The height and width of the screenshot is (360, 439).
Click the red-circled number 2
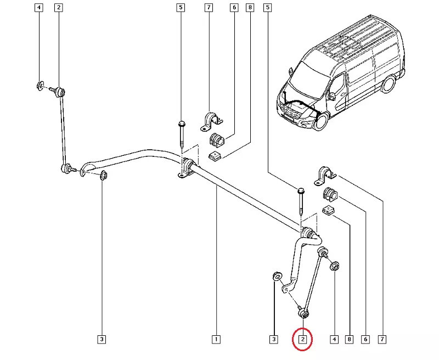point(302,339)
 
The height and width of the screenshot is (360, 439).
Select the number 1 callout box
point(217,339)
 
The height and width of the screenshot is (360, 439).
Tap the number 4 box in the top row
point(38,8)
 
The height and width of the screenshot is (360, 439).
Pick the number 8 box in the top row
point(250,8)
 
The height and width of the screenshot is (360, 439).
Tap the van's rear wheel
point(389,83)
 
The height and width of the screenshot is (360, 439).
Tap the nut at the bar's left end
point(103,175)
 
